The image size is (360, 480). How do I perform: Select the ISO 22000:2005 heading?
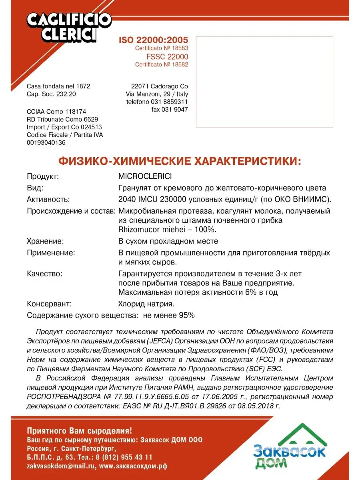coord(153,40)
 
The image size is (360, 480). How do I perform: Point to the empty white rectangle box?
coord(264,82)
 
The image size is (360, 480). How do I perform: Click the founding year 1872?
coord(82,86)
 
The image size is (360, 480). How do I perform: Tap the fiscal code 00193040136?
coord(46,143)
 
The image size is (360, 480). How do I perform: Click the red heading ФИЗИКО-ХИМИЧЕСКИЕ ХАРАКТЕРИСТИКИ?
coord(180,161)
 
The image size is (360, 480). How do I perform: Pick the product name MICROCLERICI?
coord(145,176)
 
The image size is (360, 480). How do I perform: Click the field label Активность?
coord(48,199)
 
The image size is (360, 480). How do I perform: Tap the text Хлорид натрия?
coord(146,304)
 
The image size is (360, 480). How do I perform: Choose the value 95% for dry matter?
coord(187,315)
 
